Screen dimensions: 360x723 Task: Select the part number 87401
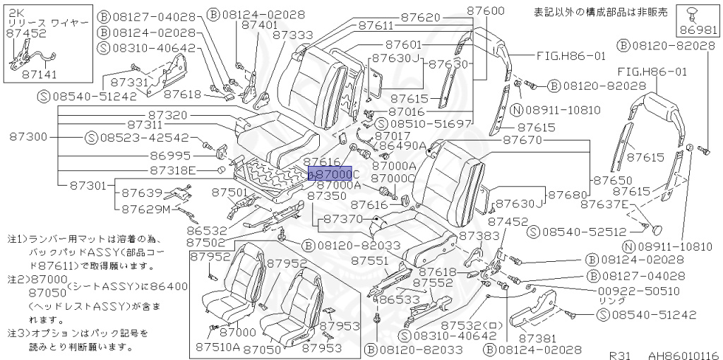click(258, 24)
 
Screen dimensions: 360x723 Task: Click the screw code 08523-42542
click(143, 138)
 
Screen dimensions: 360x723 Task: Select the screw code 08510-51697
click(433, 124)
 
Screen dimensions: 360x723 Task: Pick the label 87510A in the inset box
click(217, 347)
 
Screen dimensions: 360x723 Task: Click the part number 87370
click(343, 220)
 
